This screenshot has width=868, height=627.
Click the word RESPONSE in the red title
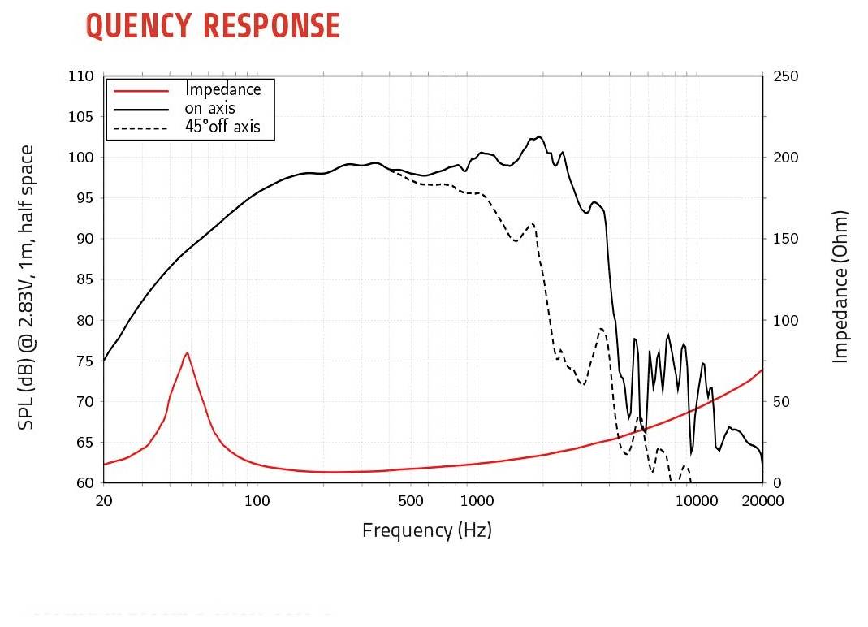click(271, 26)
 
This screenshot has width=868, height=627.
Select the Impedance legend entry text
click(223, 89)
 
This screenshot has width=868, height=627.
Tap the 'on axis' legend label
click(210, 108)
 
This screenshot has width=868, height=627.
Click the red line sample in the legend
click(141, 90)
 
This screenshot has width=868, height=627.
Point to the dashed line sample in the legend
click(141, 128)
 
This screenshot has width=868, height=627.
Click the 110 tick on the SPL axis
click(80, 76)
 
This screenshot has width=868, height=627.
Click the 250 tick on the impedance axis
click(787, 76)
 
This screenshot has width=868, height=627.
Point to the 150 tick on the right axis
click(787, 239)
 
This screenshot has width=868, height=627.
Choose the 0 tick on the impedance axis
click(776, 483)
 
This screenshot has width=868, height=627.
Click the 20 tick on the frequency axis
click(104, 501)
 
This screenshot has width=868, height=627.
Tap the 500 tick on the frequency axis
click(411, 501)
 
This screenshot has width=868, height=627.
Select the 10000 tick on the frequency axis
click(697, 501)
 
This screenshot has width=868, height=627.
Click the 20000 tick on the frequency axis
click(763, 501)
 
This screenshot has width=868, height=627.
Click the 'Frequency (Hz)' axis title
click(427, 531)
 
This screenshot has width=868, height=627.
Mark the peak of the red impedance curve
click(187, 353)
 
